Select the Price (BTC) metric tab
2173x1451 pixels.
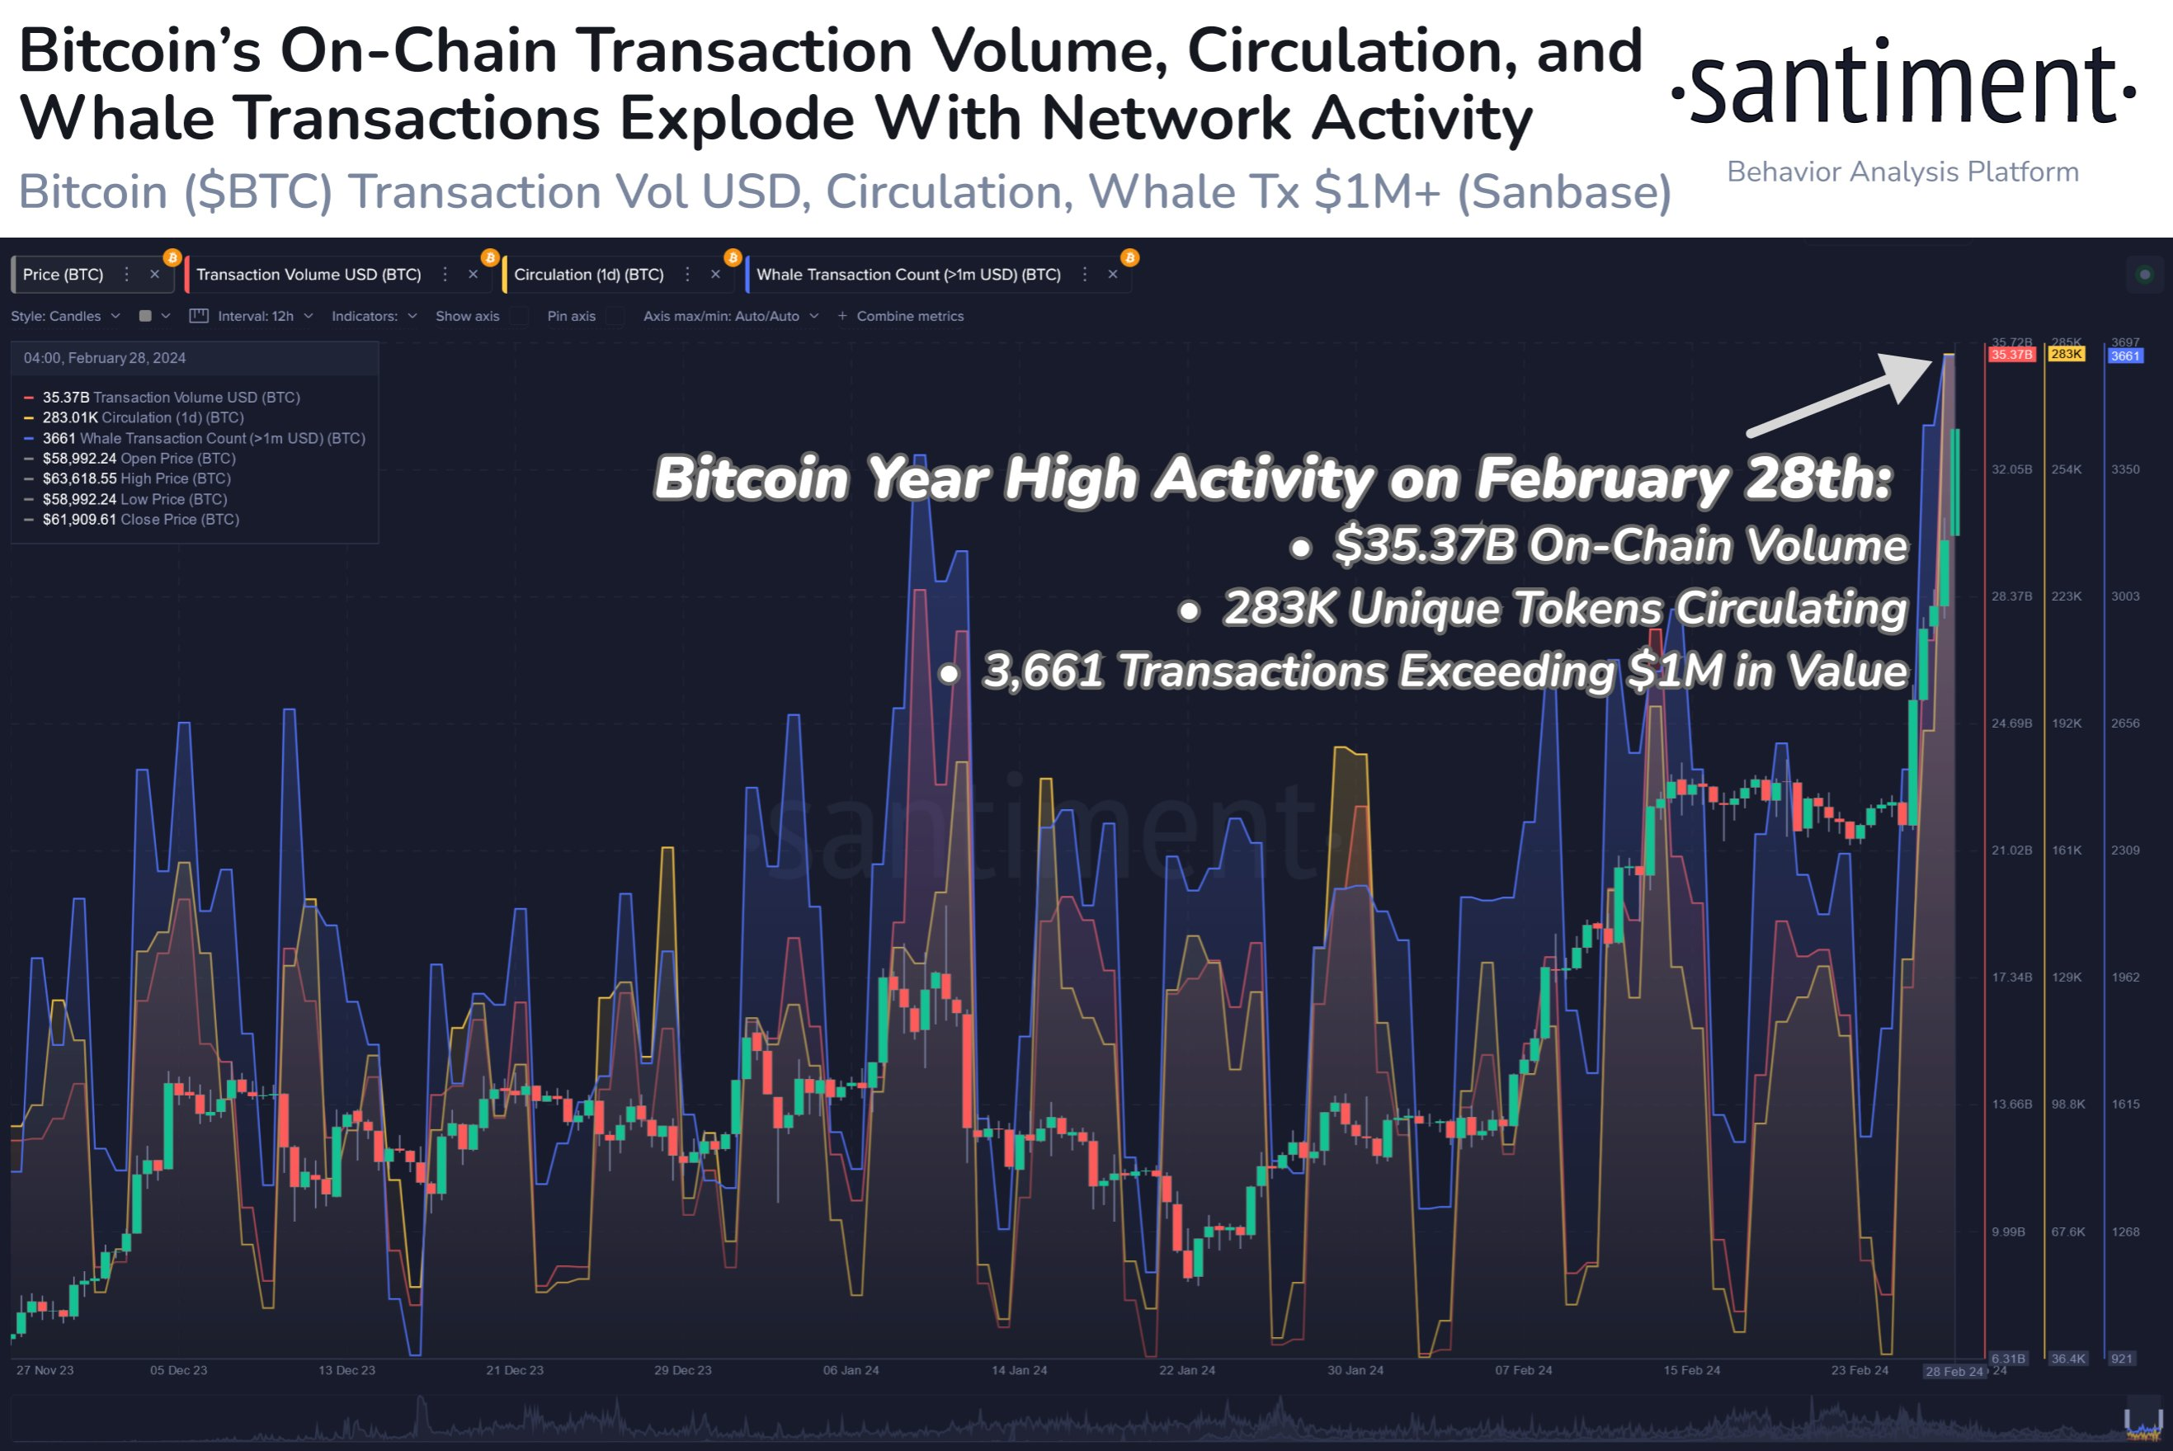click(x=63, y=275)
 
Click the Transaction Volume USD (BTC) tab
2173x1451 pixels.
click(x=309, y=275)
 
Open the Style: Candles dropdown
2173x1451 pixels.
click(x=65, y=317)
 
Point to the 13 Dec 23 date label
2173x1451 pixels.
click(x=347, y=1370)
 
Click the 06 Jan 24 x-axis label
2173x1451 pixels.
click(x=851, y=1370)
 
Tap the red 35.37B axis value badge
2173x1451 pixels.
click(x=2012, y=356)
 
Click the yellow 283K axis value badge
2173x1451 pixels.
click(x=2066, y=355)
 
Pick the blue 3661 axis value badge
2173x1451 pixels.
click(x=2125, y=356)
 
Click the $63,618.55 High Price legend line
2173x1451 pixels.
click(x=136, y=478)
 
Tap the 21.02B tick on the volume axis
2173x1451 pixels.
click(x=2011, y=850)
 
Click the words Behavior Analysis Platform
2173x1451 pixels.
click(x=1902, y=172)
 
